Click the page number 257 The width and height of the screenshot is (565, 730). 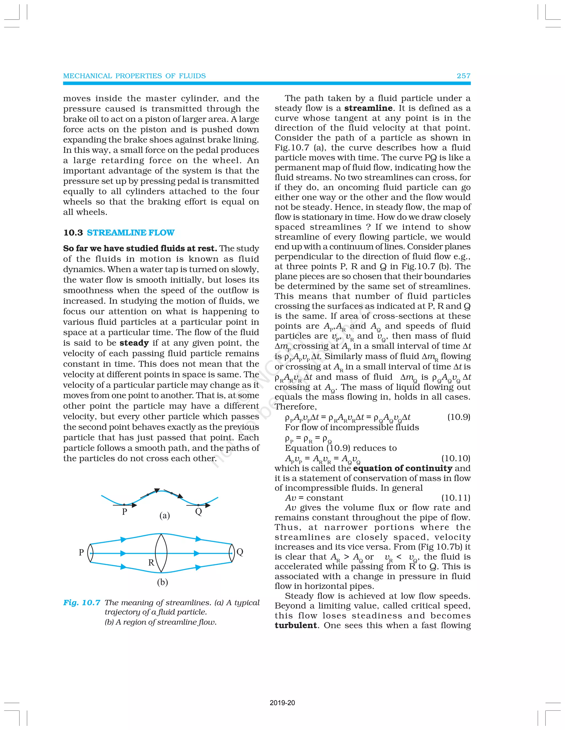(x=463, y=76)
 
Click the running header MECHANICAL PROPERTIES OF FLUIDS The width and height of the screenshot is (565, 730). (x=134, y=76)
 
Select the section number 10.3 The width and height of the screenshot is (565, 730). (x=73, y=233)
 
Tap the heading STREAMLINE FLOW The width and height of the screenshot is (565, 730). (x=130, y=233)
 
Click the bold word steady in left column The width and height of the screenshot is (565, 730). (x=134, y=343)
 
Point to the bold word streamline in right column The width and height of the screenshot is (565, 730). (x=368, y=108)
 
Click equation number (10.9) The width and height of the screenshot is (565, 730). (x=459, y=417)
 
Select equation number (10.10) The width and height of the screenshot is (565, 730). (x=455, y=458)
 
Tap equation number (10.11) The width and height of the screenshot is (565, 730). (x=455, y=498)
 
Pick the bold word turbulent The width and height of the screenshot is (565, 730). (x=295, y=625)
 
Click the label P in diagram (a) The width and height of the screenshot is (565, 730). (x=124, y=512)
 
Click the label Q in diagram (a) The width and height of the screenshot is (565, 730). (x=198, y=512)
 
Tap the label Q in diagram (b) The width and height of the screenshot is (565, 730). (x=240, y=552)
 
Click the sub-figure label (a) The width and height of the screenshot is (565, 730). (x=164, y=515)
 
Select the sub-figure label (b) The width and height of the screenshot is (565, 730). (x=162, y=582)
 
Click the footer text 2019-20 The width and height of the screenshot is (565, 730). (x=282, y=703)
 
